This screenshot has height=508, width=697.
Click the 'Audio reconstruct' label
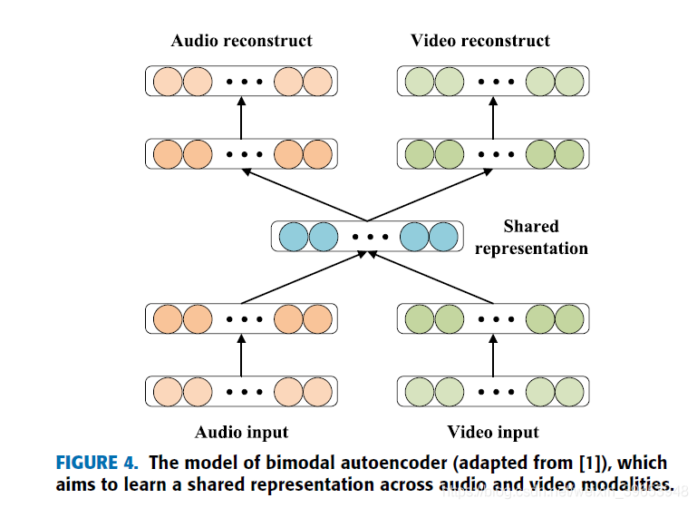[x=241, y=41]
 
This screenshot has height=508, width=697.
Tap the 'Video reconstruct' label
[x=480, y=41]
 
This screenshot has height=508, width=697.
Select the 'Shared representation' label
[x=531, y=237]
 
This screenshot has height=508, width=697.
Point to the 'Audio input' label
[x=241, y=432]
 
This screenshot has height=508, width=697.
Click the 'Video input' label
[x=493, y=432]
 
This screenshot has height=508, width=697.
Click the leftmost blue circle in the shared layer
[x=295, y=237]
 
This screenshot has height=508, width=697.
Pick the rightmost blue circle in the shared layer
[x=441, y=237]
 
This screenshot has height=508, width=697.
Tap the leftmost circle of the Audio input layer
[x=168, y=392]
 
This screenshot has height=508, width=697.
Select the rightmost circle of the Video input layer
[x=569, y=392]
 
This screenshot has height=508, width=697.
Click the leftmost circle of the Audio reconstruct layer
[x=168, y=82]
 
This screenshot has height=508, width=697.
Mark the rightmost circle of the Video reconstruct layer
[x=569, y=82]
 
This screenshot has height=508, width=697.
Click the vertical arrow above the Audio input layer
[x=241, y=355]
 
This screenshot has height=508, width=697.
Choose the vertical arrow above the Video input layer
[x=494, y=355]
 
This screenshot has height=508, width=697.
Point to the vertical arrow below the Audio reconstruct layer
[x=241, y=118]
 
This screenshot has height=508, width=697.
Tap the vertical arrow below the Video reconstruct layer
[x=494, y=118]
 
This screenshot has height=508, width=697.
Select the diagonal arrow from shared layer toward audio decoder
[x=304, y=194]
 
